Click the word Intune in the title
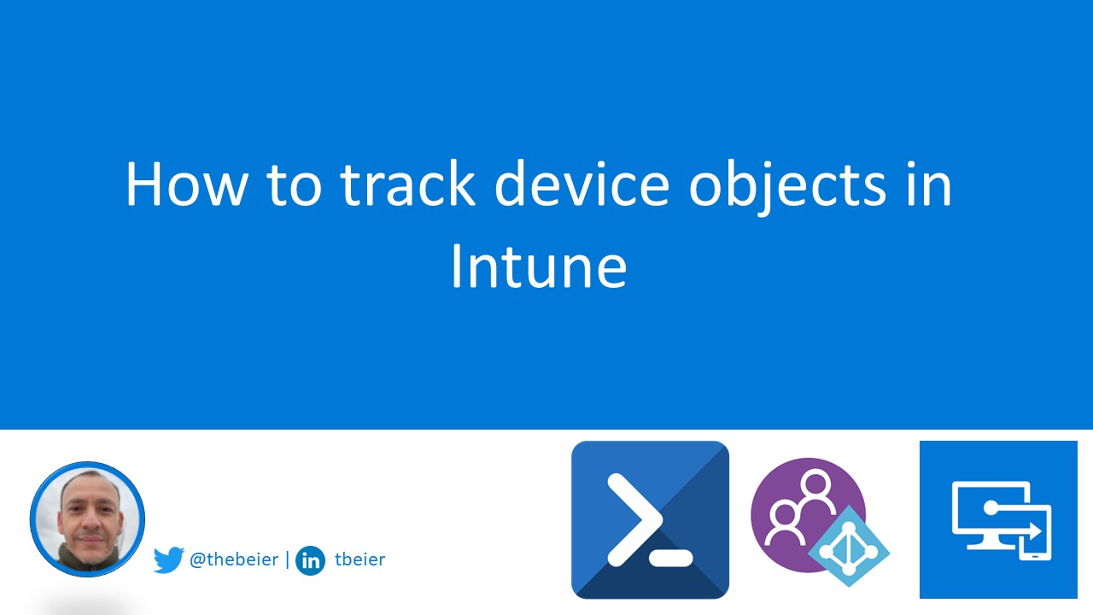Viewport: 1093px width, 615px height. click(x=538, y=266)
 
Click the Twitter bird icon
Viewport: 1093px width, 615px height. click(x=169, y=560)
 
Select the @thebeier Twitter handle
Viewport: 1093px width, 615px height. click(x=233, y=560)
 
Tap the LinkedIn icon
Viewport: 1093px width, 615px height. click(x=310, y=561)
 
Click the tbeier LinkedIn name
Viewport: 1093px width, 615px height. click(x=359, y=560)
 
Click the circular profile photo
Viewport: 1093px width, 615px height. click(x=87, y=519)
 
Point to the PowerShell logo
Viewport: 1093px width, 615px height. click(x=650, y=519)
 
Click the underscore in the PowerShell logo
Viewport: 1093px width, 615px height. click(x=669, y=559)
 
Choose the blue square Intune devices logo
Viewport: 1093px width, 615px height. click(x=998, y=519)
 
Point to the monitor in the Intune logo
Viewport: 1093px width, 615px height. click(x=986, y=512)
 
